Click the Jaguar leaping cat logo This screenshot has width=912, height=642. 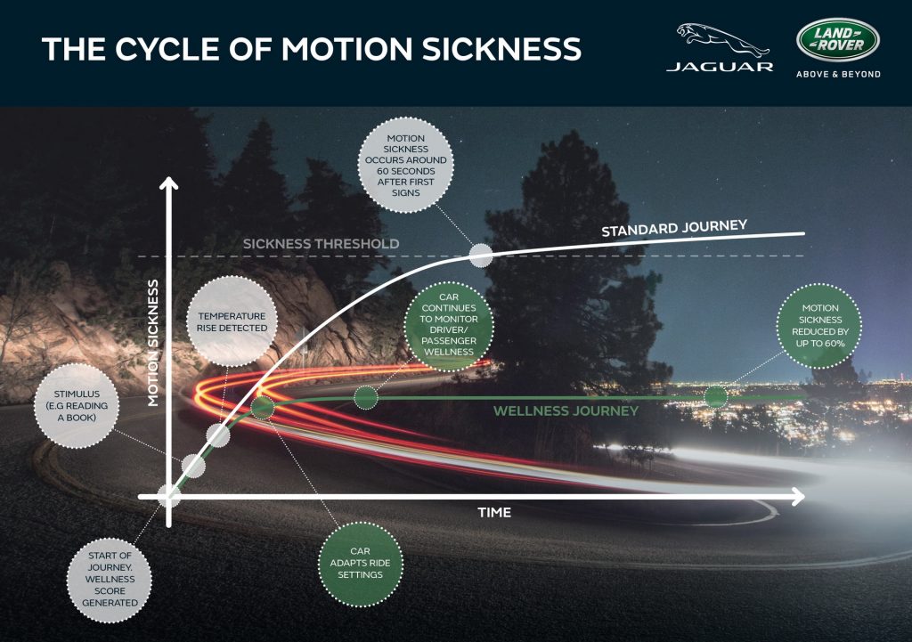click(x=719, y=39)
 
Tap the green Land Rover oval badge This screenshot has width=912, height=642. click(x=837, y=39)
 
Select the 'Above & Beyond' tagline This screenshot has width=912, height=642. click(x=837, y=74)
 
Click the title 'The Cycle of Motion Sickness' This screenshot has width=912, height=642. click(x=311, y=48)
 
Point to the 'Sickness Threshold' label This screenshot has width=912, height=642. click(x=321, y=243)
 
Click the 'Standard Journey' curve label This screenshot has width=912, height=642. click(x=673, y=229)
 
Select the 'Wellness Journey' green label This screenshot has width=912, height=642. click(x=566, y=411)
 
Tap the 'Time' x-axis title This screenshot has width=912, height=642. click(x=494, y=512)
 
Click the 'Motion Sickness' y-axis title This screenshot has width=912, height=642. click(x=153, y=343)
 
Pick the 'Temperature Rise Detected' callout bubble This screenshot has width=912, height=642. click(x=232, y=321)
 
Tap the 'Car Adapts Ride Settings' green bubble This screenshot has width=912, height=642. click(x=361, y=563)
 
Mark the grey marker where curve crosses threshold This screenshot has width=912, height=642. click(x=481, y=256)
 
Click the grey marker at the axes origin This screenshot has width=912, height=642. click(x=167, y=495)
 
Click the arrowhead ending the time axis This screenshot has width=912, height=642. click(x=798, y=495)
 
